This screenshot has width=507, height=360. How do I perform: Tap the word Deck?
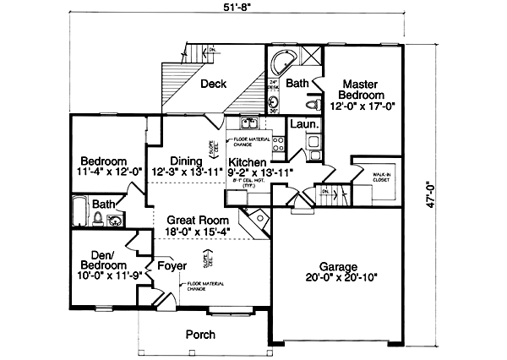(x=213, y=84)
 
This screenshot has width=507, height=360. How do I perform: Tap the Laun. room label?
(x=303, y=124)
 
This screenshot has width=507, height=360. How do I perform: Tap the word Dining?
(x=185, y=161)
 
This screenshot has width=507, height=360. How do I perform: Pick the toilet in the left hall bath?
(x=98, y=218)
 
